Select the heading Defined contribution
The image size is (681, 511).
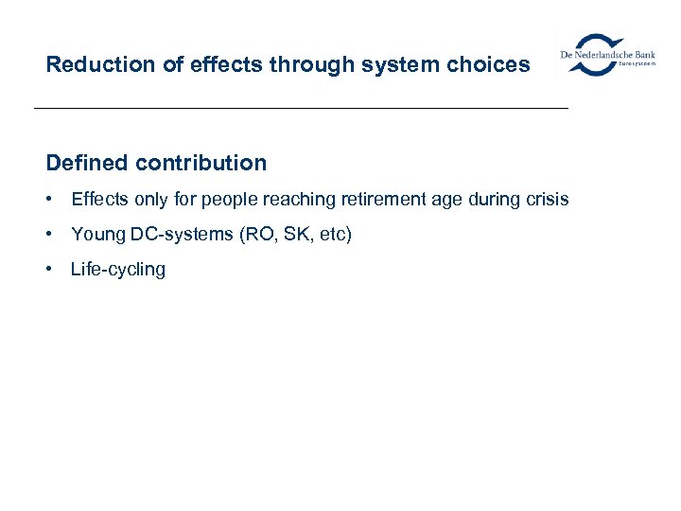[x=156, y=163]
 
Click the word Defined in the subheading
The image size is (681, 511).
[x=87, y=163]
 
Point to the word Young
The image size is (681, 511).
[x=98, y=234]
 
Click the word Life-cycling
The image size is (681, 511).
[x=118, y=270]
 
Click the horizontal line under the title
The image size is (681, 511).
[x=301, y=109]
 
